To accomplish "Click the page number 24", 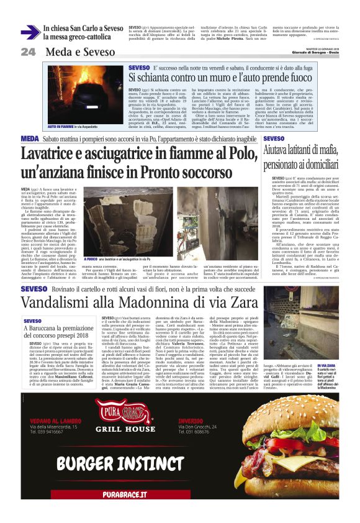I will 27,52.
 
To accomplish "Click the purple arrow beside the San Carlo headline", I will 30,32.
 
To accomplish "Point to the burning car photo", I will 74,94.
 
